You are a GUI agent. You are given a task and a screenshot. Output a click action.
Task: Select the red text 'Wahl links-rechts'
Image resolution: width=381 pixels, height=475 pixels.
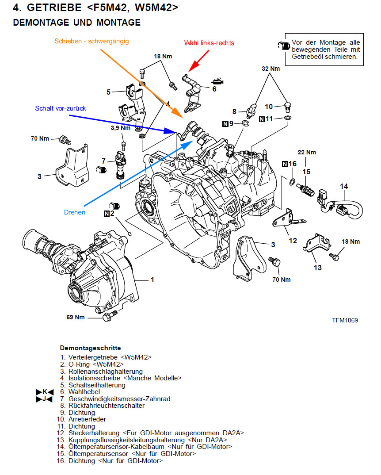[x=209, y=43]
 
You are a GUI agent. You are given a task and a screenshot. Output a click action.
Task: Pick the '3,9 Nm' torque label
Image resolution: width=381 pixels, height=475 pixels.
[x=120, y=128]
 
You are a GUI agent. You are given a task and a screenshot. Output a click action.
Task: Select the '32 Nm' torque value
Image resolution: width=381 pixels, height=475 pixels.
[x=271, y=69]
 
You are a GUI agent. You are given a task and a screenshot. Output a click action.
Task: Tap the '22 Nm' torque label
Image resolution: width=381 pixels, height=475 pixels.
[x=307, y=152]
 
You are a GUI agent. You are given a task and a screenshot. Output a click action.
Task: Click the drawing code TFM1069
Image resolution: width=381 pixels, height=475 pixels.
[x=345, y=320]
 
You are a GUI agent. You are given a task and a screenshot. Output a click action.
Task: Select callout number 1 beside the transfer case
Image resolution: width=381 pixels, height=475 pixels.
[x=152, y=280]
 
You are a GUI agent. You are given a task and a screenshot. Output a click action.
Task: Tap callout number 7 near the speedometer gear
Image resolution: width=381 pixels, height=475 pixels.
[x=103, y=161]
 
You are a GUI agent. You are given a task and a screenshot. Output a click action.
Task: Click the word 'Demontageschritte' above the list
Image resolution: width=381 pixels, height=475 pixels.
[x=90, y=348]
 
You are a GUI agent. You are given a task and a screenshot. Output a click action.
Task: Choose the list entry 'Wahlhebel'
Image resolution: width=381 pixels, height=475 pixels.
[x=84, y=391]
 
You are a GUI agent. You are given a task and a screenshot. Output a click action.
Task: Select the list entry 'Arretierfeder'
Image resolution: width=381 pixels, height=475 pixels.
[x=87, y=419]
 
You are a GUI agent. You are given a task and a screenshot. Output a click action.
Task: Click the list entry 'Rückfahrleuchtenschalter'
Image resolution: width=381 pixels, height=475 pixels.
[x=107, y=405]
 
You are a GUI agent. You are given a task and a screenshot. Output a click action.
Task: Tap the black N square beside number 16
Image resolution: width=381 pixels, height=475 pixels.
[x=284, y=164]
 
